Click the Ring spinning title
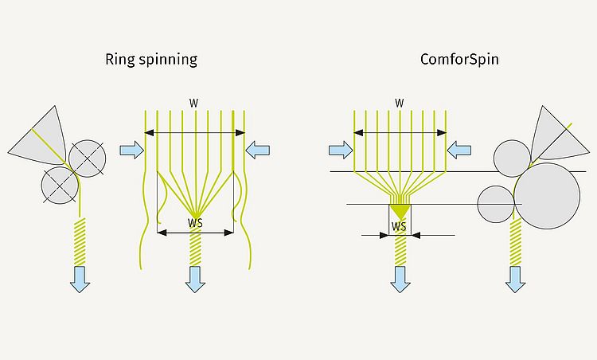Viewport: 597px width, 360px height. (151, 60)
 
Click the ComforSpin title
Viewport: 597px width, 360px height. (459, 60)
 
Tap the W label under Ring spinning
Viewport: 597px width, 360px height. (194, 103)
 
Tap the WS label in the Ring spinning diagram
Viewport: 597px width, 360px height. (195, 224)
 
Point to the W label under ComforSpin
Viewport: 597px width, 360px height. (400, 103)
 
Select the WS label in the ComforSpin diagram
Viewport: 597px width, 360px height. (400, 226)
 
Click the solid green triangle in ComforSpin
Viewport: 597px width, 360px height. (400, 211)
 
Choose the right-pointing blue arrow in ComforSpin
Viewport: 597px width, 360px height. (341, 149)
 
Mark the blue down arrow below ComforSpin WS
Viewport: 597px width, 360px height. (400, 279)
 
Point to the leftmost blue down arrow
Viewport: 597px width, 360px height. (80, 279)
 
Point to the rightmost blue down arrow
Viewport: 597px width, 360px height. (515, 279)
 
